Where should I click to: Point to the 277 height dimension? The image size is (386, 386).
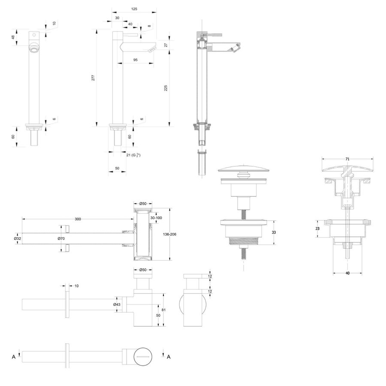(93, 78)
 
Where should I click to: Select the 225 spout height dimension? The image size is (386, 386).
(166, 87)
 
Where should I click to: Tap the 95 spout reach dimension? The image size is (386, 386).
(135, 60)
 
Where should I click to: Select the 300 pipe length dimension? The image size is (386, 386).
(78, 219)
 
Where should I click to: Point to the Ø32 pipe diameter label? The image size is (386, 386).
(18, 238)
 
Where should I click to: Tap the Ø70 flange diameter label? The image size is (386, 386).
(62, 238)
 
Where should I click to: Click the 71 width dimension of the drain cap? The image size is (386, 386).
(347, 159)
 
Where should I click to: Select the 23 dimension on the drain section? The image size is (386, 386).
(317, 229)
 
